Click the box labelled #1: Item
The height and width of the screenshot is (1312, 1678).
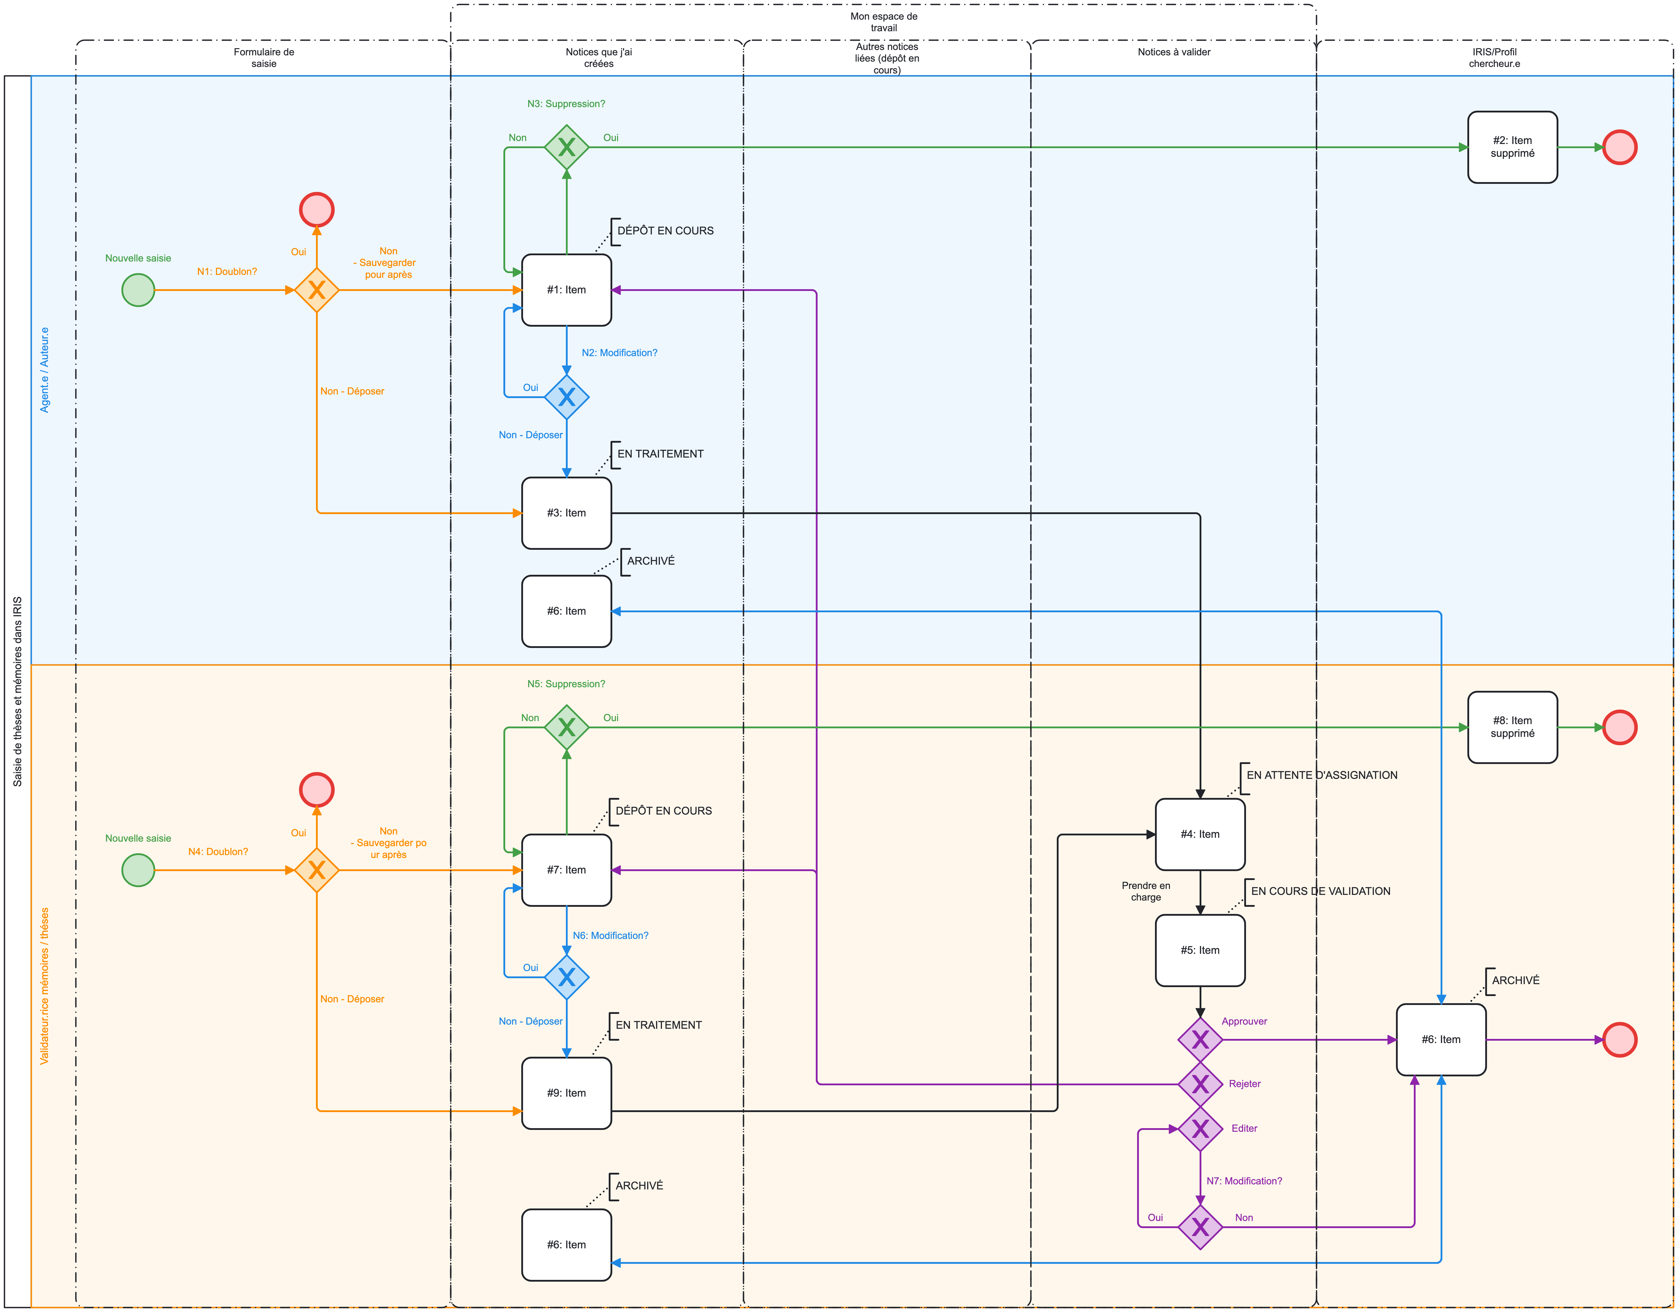566,289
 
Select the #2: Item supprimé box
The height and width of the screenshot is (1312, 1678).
1512,147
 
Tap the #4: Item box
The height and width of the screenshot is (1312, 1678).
1199,834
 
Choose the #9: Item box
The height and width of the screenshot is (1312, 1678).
566,1093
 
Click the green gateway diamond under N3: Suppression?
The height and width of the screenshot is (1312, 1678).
566,147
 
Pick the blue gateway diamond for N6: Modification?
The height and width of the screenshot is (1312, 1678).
566,977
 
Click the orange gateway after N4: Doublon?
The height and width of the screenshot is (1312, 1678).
317,870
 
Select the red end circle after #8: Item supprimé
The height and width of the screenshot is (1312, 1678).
1620,727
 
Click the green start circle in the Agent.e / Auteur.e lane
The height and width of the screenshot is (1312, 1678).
138,290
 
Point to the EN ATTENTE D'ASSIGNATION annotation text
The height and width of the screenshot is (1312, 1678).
1322,775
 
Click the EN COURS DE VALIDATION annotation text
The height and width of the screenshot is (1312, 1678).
1320,891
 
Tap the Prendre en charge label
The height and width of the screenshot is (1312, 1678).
1145,891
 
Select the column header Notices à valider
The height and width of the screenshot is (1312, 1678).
1173,52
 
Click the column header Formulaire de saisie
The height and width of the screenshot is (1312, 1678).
264,58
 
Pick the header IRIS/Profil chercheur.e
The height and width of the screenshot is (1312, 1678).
1494,58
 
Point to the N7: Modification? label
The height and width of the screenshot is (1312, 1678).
1244,1181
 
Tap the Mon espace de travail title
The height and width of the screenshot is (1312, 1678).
884,21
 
